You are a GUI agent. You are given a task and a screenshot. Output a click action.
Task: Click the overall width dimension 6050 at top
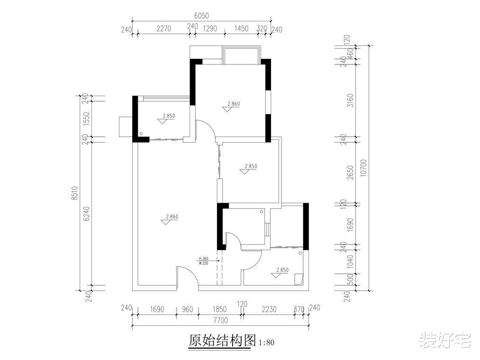(x=201, y=16)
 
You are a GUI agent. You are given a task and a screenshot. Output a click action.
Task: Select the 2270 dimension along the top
(x=163, y=28)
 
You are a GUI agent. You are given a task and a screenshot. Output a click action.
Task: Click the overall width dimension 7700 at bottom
(x=220, y=320)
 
